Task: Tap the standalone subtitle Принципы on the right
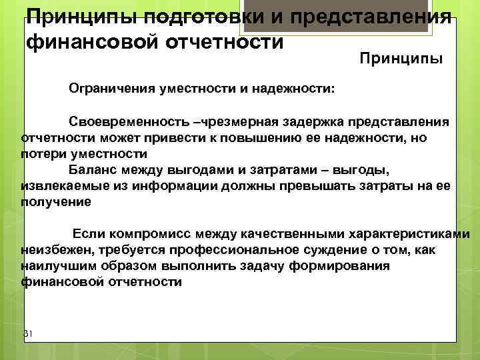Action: click(401, 60)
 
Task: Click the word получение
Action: click(56, 200)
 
